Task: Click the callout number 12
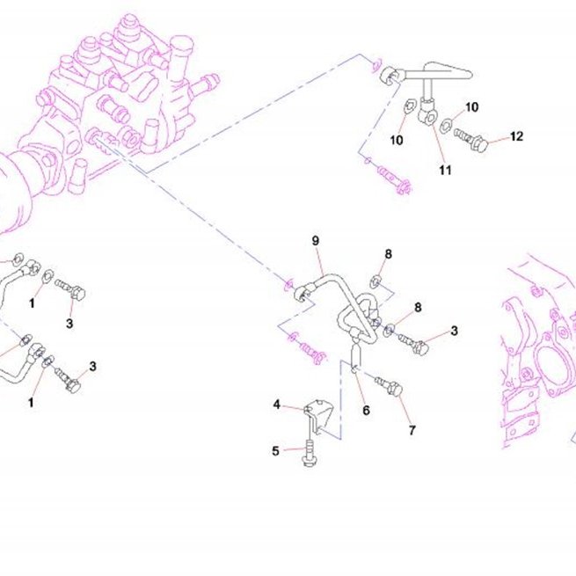516,136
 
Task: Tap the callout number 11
445,170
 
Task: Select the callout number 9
316,241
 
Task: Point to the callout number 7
412,430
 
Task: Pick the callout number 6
366,411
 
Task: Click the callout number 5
275,451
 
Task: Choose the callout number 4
277,405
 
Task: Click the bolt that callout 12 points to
470,140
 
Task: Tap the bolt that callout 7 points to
389,387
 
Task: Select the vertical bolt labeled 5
310,453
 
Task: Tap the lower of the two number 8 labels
418,307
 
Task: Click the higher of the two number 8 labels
389,254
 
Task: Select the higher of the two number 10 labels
471,107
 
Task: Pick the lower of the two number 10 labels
397,140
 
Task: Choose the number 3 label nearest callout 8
454,331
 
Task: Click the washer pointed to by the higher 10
446,125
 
